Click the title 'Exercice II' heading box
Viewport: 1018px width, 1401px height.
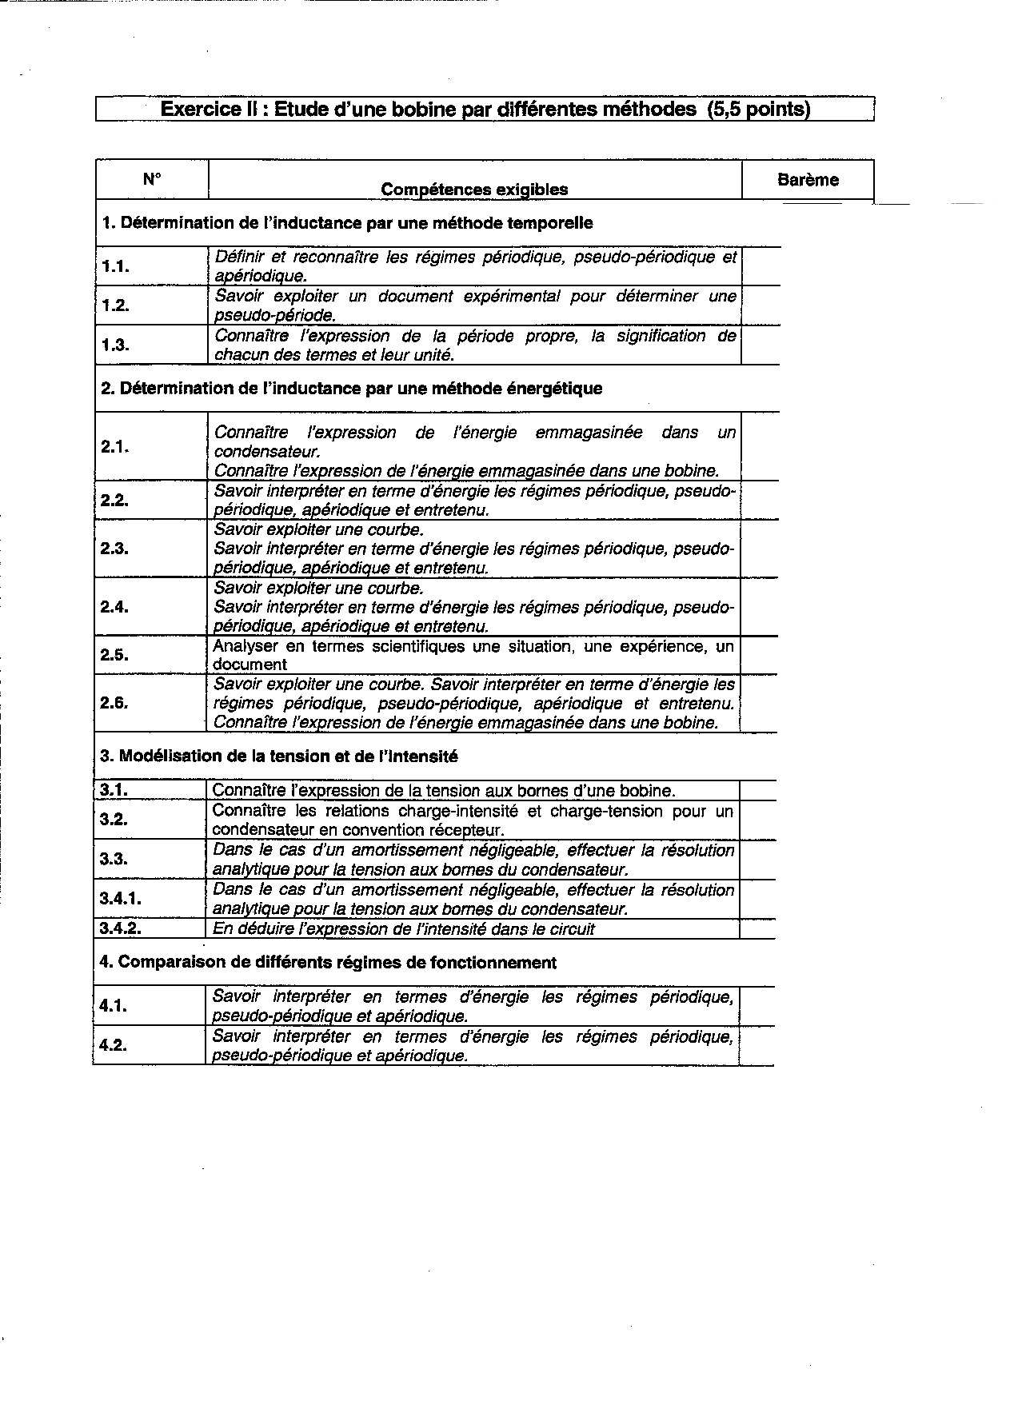[485, 109]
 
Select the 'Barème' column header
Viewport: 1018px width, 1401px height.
[808, 180]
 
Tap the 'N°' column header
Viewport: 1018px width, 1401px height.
[151, 179]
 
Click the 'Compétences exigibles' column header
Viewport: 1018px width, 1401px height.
[474, 190]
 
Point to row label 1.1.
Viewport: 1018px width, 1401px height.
[116, 266]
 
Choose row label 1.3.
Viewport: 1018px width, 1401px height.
[116, 345]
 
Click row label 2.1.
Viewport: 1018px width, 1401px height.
[116, 447]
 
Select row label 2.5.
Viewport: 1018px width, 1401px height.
[116, 655]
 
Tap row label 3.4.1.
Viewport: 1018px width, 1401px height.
[121, 899]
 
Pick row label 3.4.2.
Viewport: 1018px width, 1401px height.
[121, 928]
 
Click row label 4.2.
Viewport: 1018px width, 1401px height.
[114, 1045]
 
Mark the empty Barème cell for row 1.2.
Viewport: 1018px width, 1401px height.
[760, 305]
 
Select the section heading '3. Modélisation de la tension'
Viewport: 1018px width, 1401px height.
[279, 756]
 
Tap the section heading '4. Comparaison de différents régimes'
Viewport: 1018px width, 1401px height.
[328, 962]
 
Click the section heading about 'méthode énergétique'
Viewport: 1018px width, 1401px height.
[352, 389]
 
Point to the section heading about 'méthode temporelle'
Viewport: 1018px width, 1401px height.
[348, 223]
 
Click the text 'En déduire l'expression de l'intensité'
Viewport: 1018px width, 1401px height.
[404, 928]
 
